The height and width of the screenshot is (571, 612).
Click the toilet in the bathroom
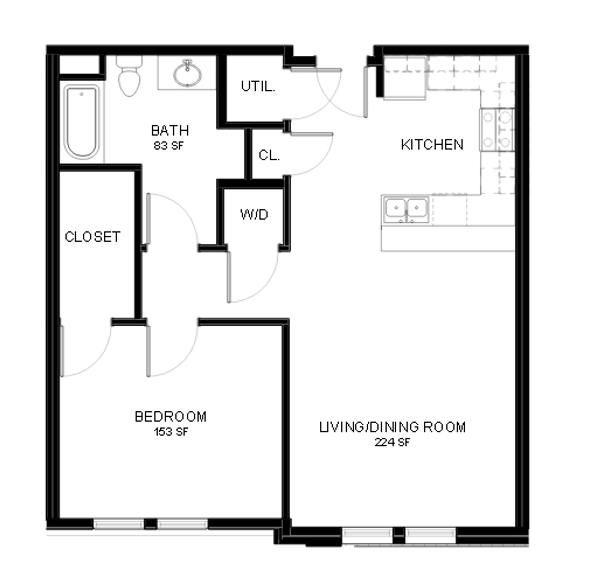129,76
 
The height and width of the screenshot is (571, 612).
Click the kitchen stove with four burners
497,129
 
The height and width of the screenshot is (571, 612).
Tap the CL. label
269,155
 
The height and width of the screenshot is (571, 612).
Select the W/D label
254,215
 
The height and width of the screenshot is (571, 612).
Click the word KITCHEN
432,145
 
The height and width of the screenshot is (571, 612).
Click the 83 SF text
169,146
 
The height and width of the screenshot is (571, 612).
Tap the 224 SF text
392,442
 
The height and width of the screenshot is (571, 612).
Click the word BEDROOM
171,417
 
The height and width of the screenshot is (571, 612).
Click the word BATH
170,131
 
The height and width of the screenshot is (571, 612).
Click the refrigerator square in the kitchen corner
405,78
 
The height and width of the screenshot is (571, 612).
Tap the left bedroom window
119,524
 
